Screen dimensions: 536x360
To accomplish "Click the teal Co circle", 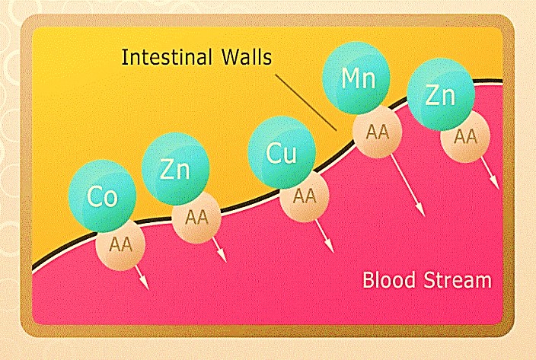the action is [x=103, y=196].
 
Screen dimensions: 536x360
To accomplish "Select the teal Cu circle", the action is [x=282, y=153].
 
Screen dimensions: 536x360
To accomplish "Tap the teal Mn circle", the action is [x=356, y=78].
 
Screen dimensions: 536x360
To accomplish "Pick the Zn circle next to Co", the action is [x=175, y=169].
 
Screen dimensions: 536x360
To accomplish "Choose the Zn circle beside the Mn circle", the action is [x=441, y=94].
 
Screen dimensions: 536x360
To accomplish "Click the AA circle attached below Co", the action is [x=120, y=245].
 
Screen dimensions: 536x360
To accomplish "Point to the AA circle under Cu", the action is [x=305, y=196].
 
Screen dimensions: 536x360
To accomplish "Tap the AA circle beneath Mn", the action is [x=378, y=132].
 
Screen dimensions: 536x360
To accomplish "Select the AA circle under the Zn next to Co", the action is [x=196, y=218].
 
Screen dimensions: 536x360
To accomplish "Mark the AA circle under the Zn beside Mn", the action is [x=465, y=137].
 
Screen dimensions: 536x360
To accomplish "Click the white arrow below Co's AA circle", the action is [x=142, y=277].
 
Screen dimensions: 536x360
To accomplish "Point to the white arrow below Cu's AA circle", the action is [x=324, y=236].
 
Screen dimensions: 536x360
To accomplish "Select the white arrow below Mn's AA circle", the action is [x=407, y=185].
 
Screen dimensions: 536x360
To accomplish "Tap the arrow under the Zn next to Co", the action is [x=219, y=250].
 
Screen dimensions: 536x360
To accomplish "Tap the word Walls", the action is [x=247, y=56].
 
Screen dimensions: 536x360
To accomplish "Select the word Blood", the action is [x=389, y=280].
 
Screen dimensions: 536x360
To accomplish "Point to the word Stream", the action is [x=458, y=280].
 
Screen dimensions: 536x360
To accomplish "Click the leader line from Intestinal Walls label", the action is [x=306, y=103].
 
